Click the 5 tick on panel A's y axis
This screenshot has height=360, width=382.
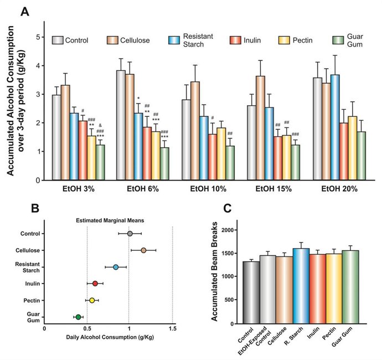coord(38,37)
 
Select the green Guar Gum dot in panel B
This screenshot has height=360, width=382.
coord(78,317)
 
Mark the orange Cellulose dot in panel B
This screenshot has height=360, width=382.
coord(143,250)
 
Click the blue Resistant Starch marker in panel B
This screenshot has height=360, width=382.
coord(116,267)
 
